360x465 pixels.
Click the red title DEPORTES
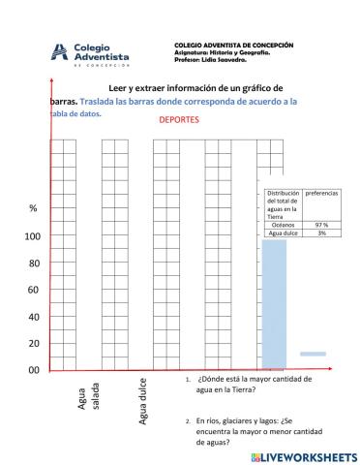pyautogui.click(x=179, y=121)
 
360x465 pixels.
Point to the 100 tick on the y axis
pyautogui.click(x=33, y=237)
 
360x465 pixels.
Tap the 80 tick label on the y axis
pyautogui.click(x=33, y=263)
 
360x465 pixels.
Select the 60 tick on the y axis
pyautogui.click(x=33, y=290)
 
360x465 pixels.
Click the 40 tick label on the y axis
pyautogui.click(x=33, y=317)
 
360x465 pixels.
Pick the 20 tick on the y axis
pyautogui.click(x=33, y=343)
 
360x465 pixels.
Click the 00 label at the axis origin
pyautogui.click(x=33, y=370)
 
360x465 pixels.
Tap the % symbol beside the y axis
pyautogui.click(x=33, y=209)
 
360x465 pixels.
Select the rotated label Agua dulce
pyautogui.click(x=143, y=401)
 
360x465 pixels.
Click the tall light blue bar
pyautogui.click(x=274, y=300)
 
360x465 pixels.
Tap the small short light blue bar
pyautogui.click(x=313, y=354)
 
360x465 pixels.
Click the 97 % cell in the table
pyautogui.click(x=321, y=225)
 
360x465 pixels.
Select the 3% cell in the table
pyautogui.click(x=321, y=233)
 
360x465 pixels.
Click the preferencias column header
pyautogui.click(x=321, y=194)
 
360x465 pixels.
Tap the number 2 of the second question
pyautogui.click(x=187, y=421)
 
